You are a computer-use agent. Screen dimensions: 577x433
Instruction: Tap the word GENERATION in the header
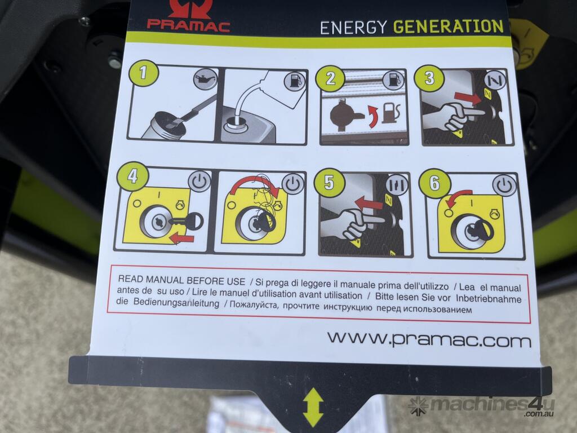click(448, 27)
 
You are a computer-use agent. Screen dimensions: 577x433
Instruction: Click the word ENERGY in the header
click(353, 28)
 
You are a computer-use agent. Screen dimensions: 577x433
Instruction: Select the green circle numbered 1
click(143, 73)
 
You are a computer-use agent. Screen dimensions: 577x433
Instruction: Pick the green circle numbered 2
click(330, 78)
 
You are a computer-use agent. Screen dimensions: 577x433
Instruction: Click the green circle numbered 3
click(429, 78)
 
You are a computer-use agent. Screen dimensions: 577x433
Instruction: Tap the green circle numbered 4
click(132, 176)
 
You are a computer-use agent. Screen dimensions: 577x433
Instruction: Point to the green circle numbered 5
click(329, 182)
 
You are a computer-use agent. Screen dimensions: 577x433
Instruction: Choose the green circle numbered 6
click(434, 183)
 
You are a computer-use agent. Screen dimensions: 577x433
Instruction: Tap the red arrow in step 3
click(468, 97)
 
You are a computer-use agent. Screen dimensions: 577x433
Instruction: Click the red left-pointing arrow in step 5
click(369, 203)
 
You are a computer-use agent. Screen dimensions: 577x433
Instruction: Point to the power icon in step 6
click(504, 185)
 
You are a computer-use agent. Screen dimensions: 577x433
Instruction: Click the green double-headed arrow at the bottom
click(313, 408)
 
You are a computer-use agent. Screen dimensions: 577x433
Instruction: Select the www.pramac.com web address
click(429, 339)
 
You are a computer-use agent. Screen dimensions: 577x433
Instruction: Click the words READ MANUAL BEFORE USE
click(181, 280)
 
